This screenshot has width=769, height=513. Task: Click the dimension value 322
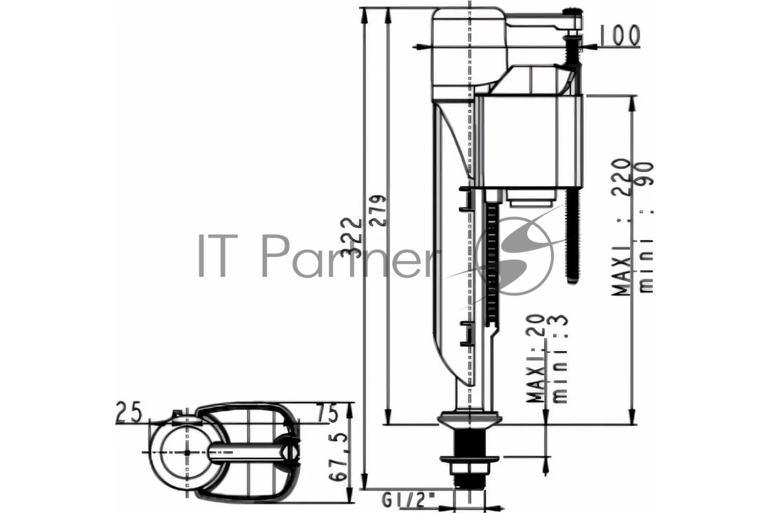tap(351, 238)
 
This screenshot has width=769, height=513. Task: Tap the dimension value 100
tap(619, 35)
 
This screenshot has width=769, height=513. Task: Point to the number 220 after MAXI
tap(621, 177)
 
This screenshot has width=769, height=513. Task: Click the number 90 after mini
tap(645, 174)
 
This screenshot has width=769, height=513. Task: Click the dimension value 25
tap(129, 412)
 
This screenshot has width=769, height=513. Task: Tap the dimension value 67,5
tap(338, 457)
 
